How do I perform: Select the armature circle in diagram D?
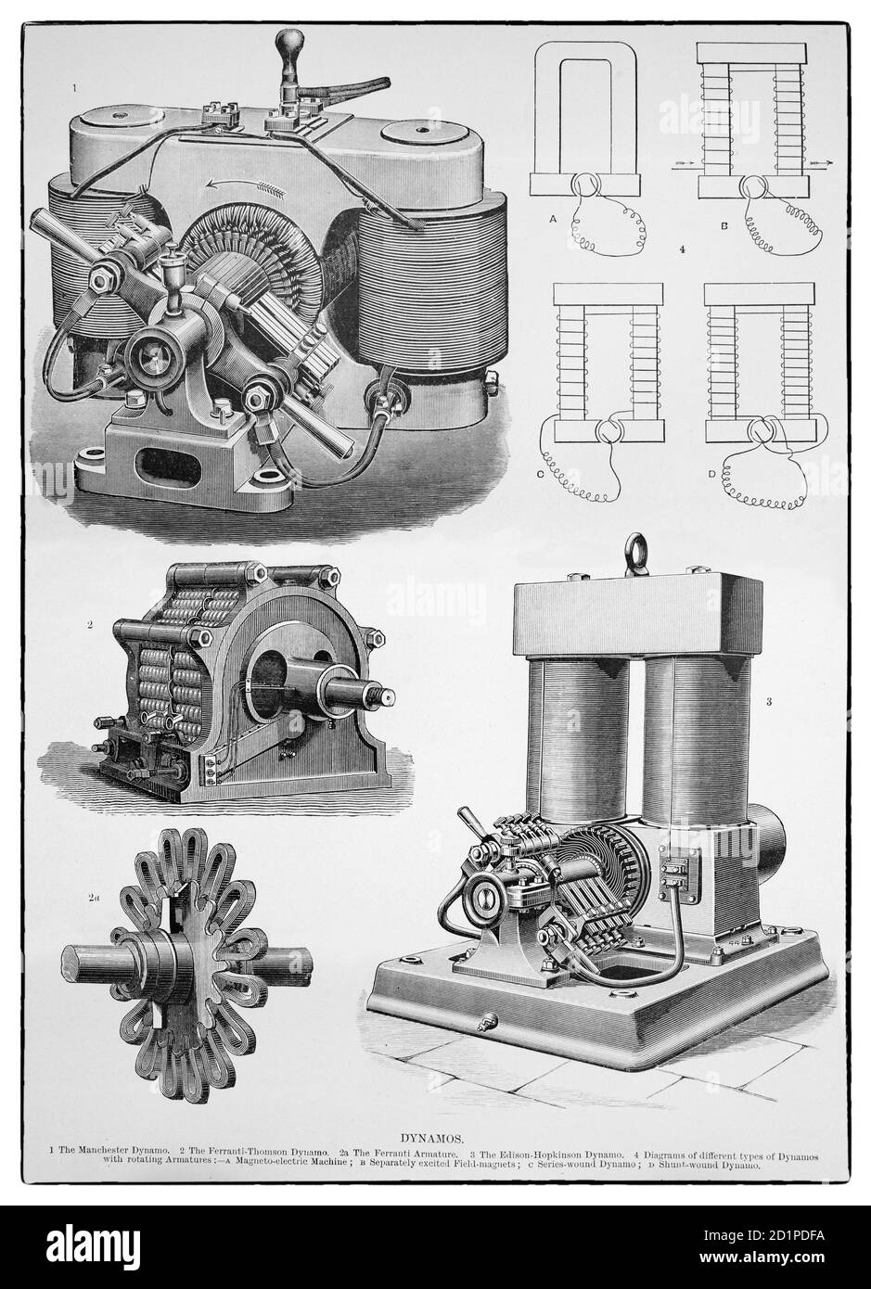pos(765,430)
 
